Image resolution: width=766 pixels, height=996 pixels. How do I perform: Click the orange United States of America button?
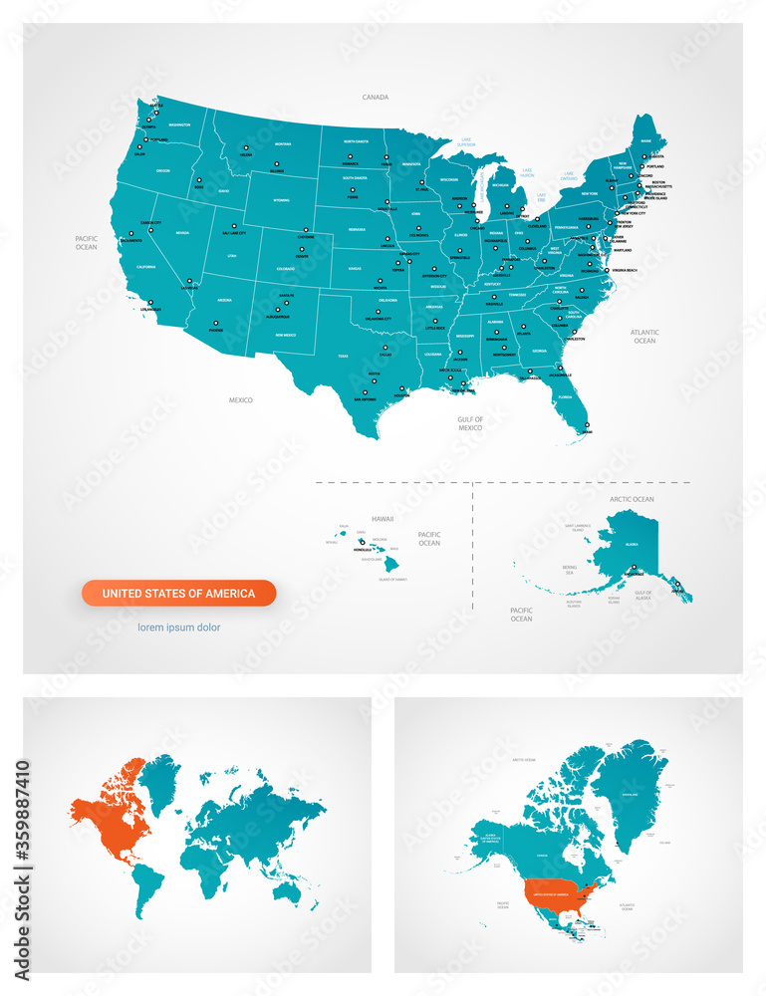tap(178, 594)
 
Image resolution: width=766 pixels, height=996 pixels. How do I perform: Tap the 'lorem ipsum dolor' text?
tap(179, 627)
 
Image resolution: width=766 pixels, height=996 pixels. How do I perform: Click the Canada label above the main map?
tap(375, 98)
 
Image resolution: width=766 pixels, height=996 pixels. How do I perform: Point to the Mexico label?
tap(241, 400)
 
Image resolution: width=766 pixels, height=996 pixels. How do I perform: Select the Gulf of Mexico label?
tap(470, 423)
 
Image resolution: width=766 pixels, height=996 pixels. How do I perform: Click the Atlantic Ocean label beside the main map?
tap(644, 336)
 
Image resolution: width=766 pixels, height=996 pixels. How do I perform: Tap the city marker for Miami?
tap(585, 428)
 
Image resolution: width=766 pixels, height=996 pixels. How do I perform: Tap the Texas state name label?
tap(343, 356)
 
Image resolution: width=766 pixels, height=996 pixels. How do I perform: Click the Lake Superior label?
tap(466, 142)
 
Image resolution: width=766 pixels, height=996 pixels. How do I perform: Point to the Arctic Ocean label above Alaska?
tap(631, 499)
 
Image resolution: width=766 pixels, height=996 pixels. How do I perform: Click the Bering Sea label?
tap(542, 571)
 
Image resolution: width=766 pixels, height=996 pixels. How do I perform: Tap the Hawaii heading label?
tap(383, 519)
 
